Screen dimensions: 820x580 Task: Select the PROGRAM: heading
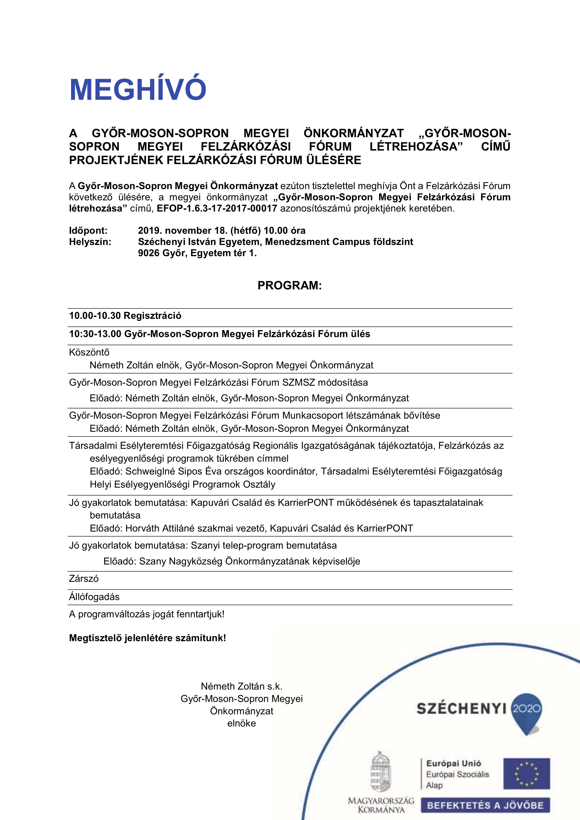coord(290,285)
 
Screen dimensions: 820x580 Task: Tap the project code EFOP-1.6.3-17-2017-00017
coord(217,209)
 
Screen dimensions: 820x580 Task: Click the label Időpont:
coord(88,230)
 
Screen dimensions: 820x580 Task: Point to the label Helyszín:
coord(90,242)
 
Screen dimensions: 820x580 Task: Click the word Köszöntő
coord(89,352)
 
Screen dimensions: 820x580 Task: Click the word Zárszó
coord(84,578)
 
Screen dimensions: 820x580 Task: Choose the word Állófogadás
coord(94,597)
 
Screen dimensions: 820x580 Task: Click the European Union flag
coord(526,773)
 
